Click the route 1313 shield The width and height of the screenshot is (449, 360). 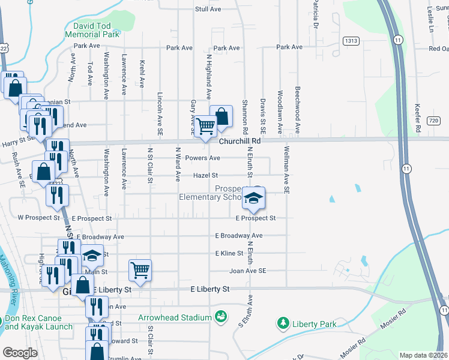pos(351,40)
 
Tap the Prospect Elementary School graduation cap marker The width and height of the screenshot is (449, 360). pos(253,197)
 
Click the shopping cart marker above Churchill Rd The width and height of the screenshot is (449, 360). pos(205,125)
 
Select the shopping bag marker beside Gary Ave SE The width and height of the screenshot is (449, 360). pos(221,116)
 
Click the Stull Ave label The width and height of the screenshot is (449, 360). pos(208,10)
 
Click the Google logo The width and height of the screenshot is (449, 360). pos(19,353)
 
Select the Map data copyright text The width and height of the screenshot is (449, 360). pos(423,355)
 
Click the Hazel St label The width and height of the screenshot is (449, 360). pos(205,176)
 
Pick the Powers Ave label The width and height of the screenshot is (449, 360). pos(202,158)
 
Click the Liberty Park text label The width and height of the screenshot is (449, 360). pos(313,325)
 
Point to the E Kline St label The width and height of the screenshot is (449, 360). pos(229,254)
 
